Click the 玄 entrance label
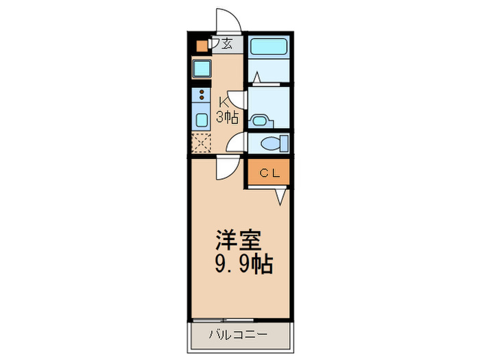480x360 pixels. [x=227, y=45]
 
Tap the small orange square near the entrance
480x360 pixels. [x=202, y=47]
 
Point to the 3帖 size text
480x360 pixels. [x=227, y=117]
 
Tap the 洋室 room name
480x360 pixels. [x=238, y=241]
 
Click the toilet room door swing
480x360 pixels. [x=237, y=143]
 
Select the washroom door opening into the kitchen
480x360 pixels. [x=237, y=99]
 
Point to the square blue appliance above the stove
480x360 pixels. [x=202, y=69]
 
